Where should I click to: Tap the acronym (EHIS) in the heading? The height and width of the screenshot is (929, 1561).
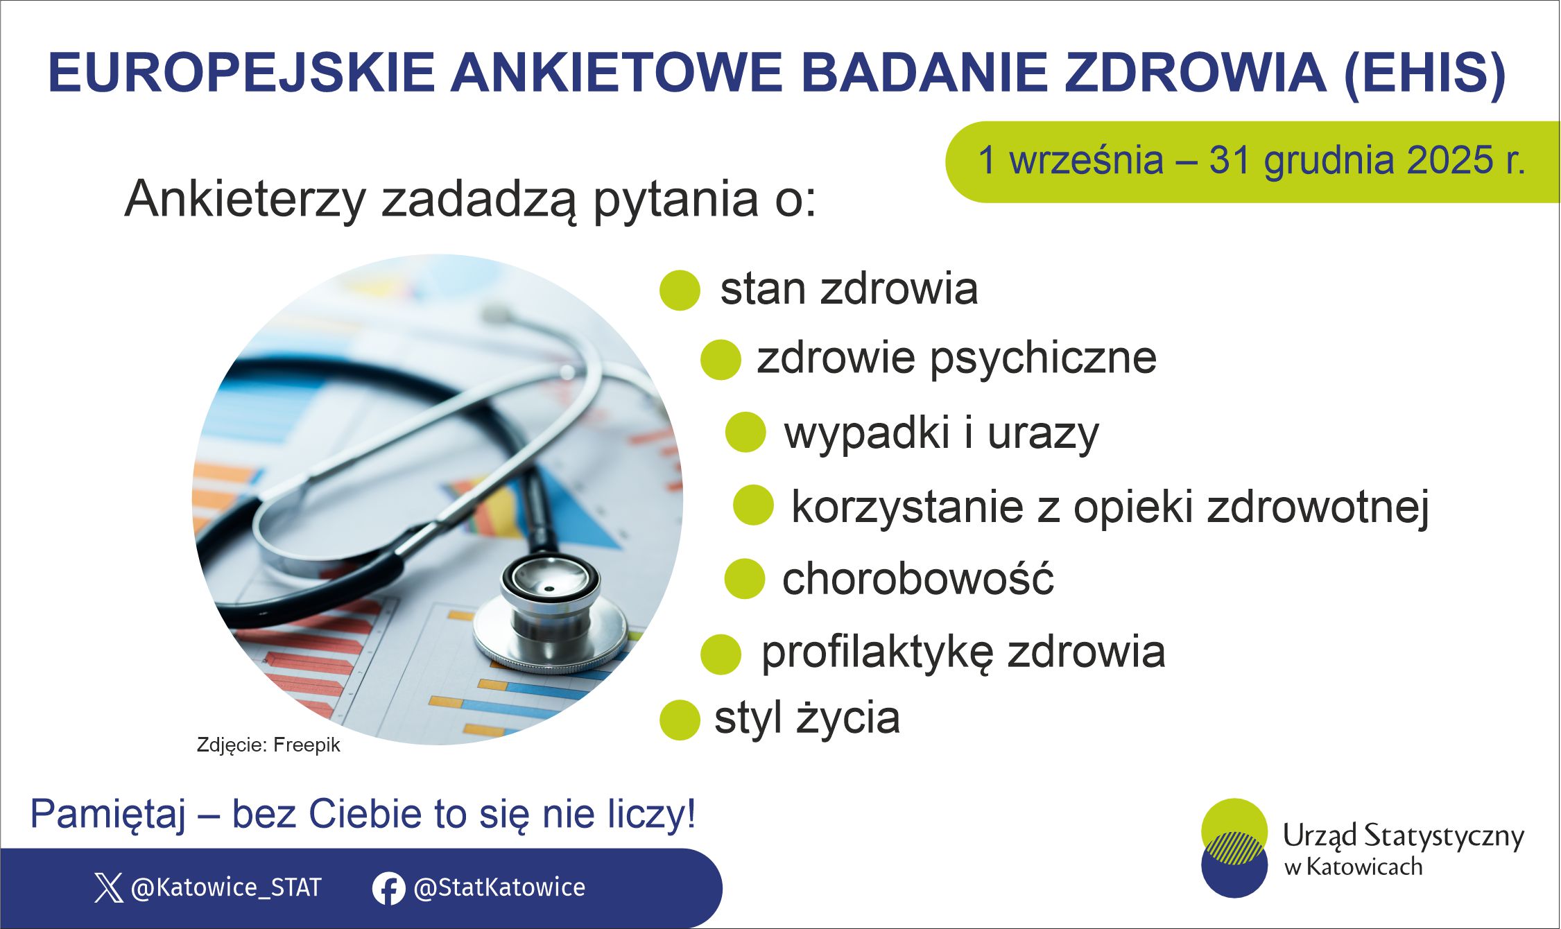click(1425, 73)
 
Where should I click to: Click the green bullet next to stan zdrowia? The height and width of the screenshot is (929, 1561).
click(680, 290)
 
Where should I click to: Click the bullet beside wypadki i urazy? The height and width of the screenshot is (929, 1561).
click(745, 432)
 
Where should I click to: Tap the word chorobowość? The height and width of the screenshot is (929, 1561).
click(917, 579)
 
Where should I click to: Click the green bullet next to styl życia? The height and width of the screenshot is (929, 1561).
click(680, 720)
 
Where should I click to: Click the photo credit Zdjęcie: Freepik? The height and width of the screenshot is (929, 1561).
click(268, 745)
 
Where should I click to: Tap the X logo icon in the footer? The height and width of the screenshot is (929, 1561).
click(108, 887)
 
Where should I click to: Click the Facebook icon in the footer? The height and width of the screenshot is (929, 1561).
click(388, 888)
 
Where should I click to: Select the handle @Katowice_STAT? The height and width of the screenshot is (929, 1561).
click(226, 887)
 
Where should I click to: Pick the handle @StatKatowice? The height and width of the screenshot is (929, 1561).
click(499, 887)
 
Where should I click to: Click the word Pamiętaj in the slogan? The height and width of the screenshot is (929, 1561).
click(107, 815)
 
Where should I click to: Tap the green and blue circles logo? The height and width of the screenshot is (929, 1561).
click(1234, 848)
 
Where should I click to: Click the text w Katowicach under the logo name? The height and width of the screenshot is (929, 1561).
click(1352, 867)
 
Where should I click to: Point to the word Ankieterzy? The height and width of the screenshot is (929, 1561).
click(245, 200)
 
